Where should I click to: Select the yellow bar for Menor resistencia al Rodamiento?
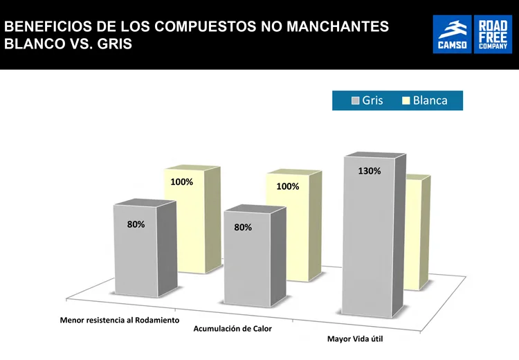tap(192, 228)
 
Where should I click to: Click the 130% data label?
tap(369, 171)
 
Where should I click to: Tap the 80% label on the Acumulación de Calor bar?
tap(243, 227)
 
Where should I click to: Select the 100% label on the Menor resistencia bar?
tap(182, 182)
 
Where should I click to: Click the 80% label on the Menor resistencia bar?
tap(136, 224)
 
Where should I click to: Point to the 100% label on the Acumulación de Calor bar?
tap(287, 186)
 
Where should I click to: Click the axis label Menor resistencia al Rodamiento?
tap(120, 321)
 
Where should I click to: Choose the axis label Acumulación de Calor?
tap(233, 328)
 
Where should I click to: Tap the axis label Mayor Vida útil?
tap(355, 339)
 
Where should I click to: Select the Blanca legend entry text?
tap(430, 100)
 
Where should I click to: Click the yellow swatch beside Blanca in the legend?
tap(406, 101)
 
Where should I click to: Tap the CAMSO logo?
tap(452, 35)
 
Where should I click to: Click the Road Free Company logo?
tap(493, 35)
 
